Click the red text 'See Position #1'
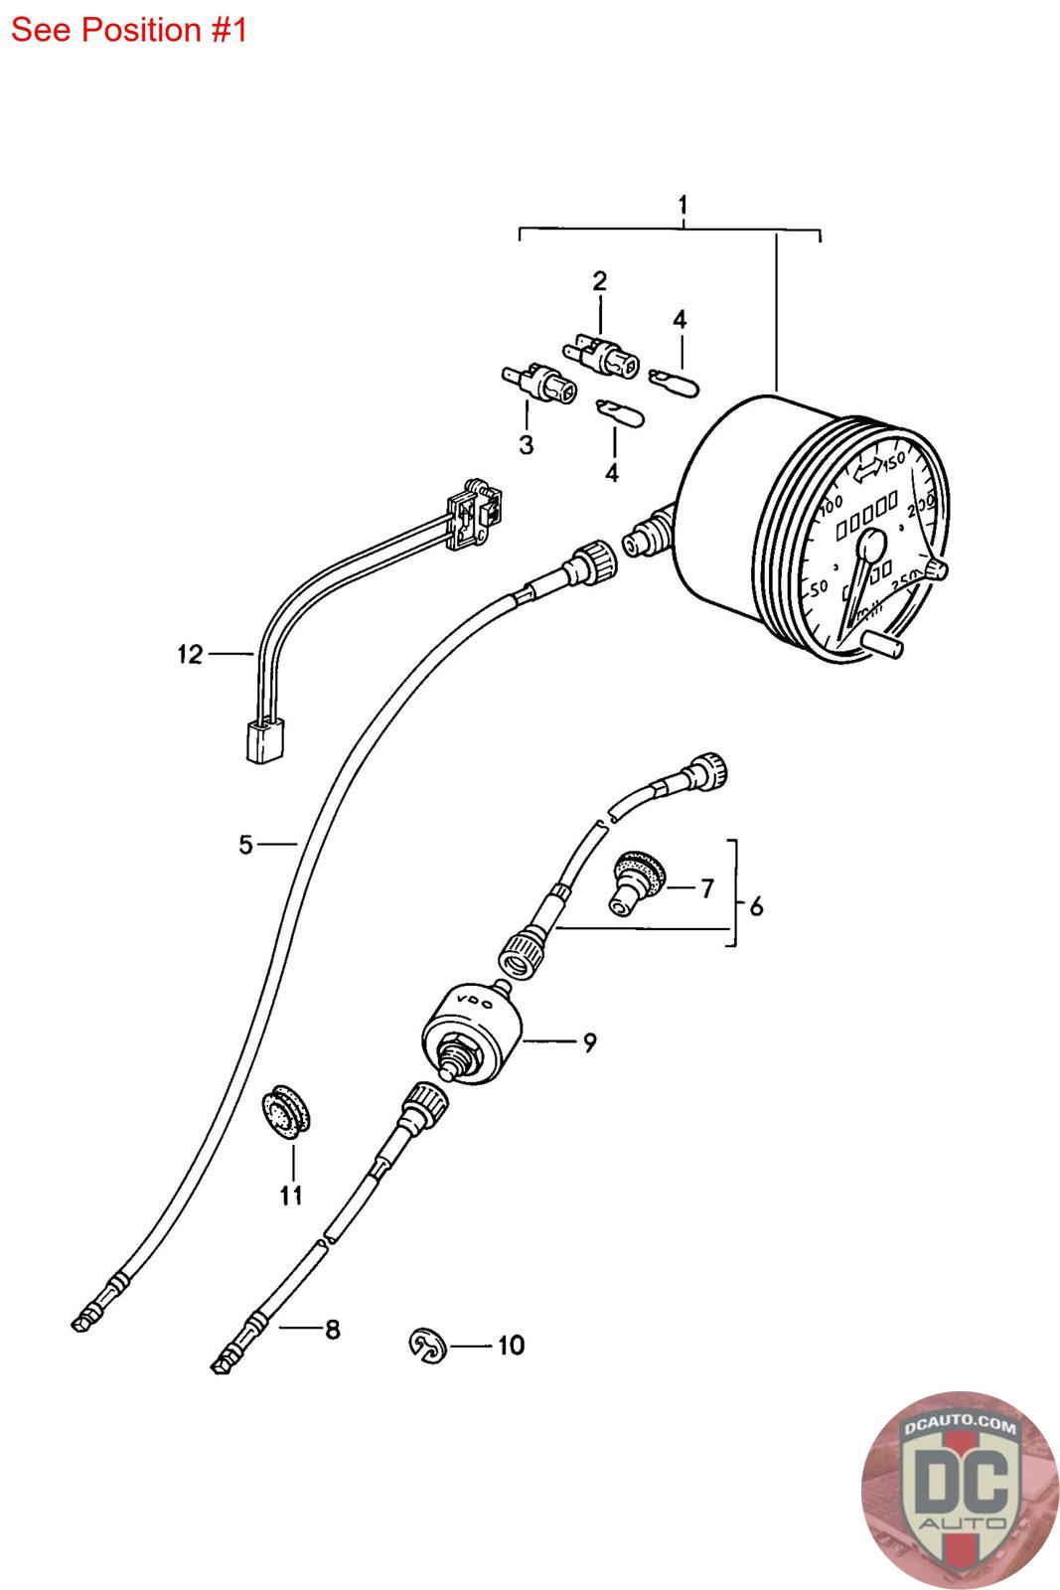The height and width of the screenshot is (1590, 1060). click(x=128, y=30)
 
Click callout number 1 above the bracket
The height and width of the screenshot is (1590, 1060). click(x=682, y=206)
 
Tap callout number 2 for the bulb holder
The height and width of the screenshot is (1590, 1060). click(x=599, y=281)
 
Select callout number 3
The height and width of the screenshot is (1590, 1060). click(x=526, y=444)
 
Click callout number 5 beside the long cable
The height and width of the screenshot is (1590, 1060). click(x=245, y=845)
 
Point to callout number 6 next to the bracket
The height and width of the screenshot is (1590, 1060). click(x=757, y=906)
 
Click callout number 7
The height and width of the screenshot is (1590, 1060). click(x=706, y=887)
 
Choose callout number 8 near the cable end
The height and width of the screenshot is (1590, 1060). click(x=332, y=1329)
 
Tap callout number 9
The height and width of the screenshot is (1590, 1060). click(x=589, y=1042)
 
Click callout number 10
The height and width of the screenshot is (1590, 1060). click(x=510, y=1346)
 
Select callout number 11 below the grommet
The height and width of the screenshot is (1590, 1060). click(x=290, y=1195)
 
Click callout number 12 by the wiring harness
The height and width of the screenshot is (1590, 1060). click(x=190, y=654)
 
